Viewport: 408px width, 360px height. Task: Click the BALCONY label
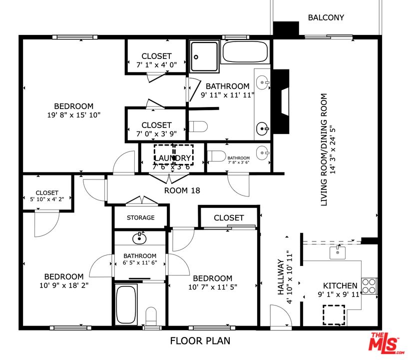tap(326, 17)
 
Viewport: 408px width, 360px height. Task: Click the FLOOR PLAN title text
tap(200, 341)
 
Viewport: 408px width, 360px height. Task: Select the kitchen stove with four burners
tap(369, 286)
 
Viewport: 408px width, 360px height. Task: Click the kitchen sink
tap(338, 252)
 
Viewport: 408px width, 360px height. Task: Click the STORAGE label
tap(140, 217)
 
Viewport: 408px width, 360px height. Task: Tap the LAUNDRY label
tap(173, 158)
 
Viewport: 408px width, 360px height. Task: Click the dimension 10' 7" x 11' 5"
tap(212, 287)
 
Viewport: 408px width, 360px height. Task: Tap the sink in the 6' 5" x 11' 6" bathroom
tap(139, 238)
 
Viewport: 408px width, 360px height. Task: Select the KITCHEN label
tap(340, 285)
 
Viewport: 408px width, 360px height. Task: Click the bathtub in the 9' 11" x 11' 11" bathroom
tap(245, 52)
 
